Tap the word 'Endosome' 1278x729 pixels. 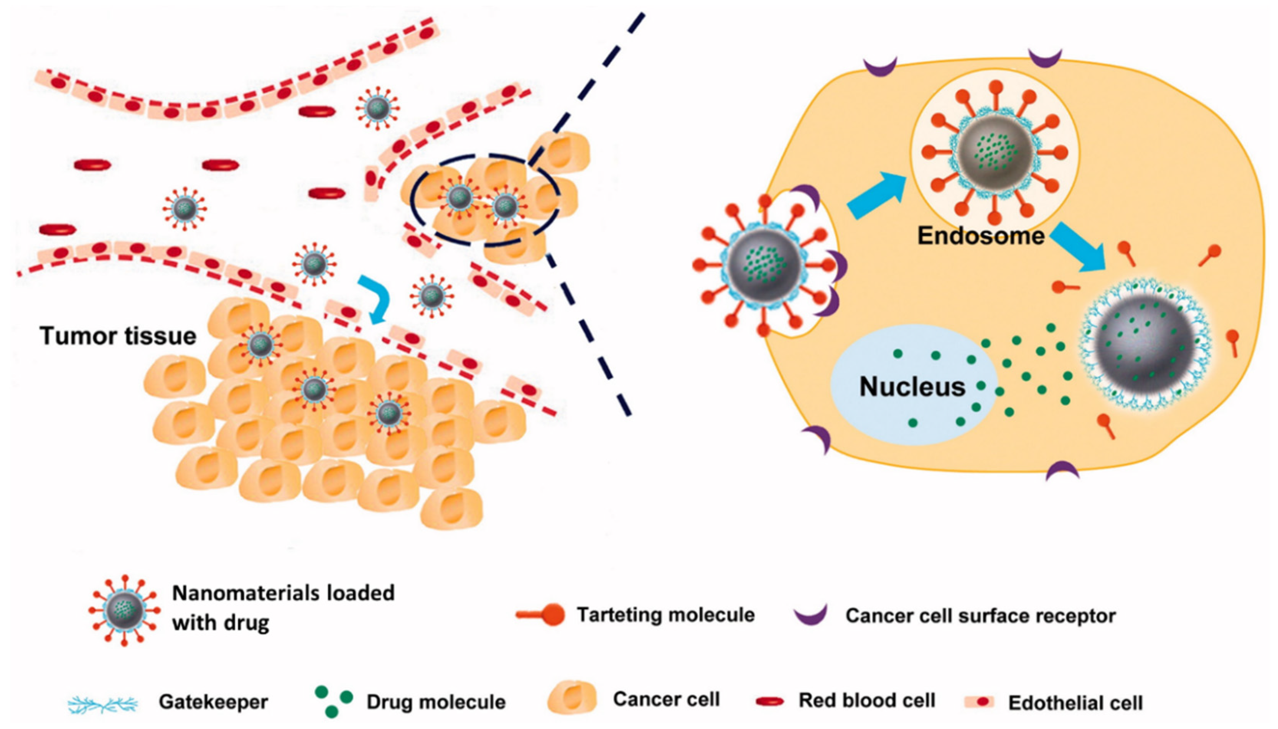[x=980, y=236]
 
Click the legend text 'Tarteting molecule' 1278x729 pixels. [x=665, y=615]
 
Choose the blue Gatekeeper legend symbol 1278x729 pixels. [x=103, y=703]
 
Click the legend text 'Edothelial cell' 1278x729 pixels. [x=1075, y=703]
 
